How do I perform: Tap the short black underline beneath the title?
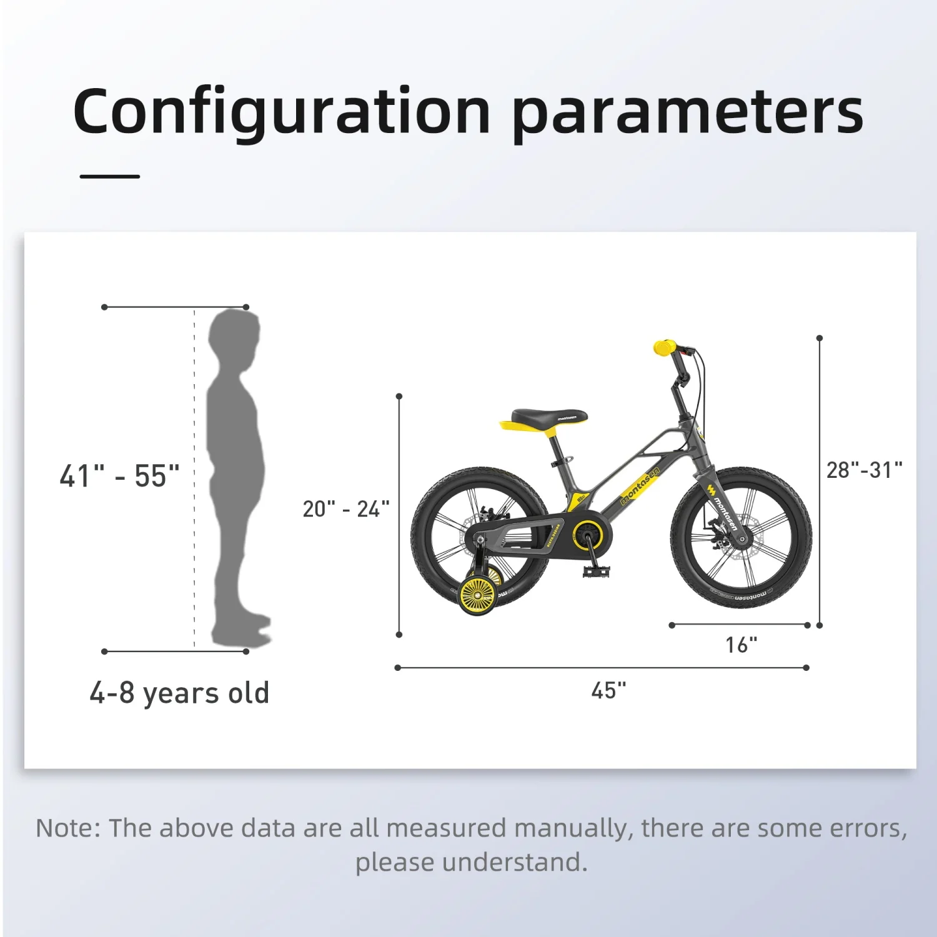(110, 177)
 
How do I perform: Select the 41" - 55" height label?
(119, 476)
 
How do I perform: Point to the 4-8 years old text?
(179, 693)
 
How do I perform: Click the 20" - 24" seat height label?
(346, 509)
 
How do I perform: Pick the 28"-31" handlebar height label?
(865, 470)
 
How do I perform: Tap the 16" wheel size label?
(741, 644)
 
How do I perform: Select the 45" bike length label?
(608, 690)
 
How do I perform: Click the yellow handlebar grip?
(665, 347)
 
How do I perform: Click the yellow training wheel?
(478, 595)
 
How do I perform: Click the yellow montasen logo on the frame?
(639, 485)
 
